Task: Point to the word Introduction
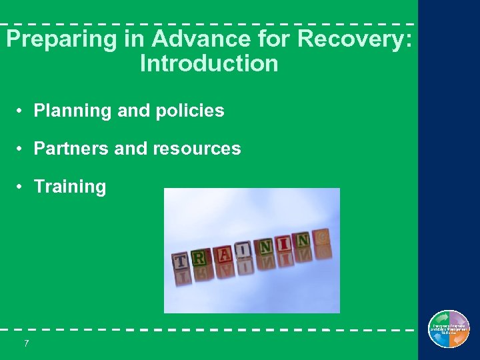[x=209, y=64]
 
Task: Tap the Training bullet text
[x=70, y=187]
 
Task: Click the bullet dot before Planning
[x=22, y=111]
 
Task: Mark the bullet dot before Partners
[x=22, y=149]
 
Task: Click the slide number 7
[x=26, y=343]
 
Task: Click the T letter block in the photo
[x=181, y=261]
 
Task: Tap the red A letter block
[x=225, y=253]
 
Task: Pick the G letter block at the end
[x=321, y=236]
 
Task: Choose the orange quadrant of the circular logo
[x=459, y=338]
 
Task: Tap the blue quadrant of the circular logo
[x=439, y=338]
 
